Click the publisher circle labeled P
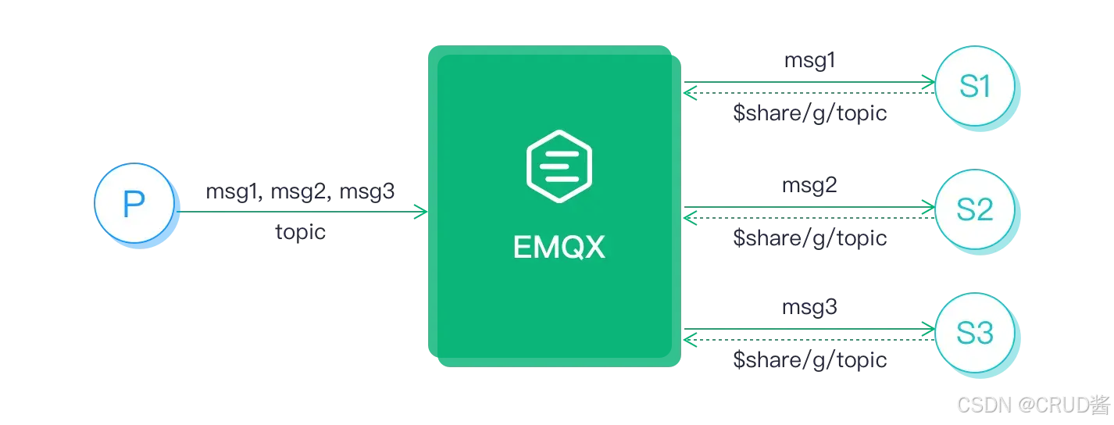click(x=133, y=205)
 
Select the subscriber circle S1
click(x=974, y=87)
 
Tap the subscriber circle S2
click(x=974, y=209)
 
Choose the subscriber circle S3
click(x=974, y=334)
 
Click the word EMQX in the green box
click(x=559, y=248)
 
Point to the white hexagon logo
click(x=559, y=165)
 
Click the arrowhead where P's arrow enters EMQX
click(x=420, y=211)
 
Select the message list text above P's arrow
click(x=303, y=191)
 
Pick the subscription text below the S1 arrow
click(x=809, y=114)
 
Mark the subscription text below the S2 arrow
click(x=809, y=238)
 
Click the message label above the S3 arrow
click(x=809, y=309)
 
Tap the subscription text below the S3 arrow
click(x=809, y=359)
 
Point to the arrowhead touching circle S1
click(x=929, y=81)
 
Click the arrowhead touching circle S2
click(x=929, y=208)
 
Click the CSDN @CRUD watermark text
click(x=1032, y=404)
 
